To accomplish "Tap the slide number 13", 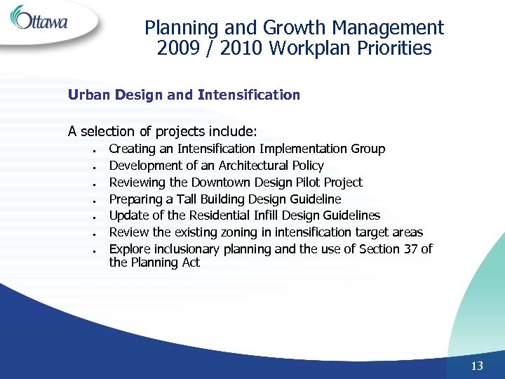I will click(x=477, y=366).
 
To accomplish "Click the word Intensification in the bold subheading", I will click(x=249, y=95).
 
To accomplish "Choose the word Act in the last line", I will click(x=191, y=262).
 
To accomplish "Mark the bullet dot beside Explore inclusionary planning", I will click(x=94, y=251).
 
